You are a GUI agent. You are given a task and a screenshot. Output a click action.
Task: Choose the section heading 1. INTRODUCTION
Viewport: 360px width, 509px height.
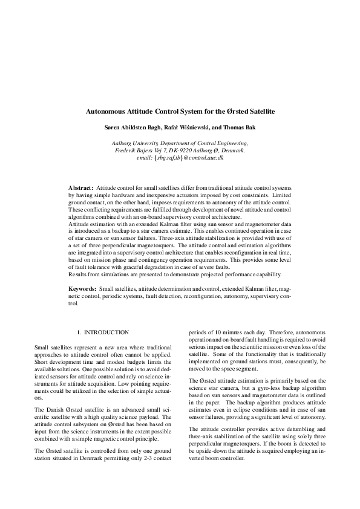(x=103, y=332)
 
